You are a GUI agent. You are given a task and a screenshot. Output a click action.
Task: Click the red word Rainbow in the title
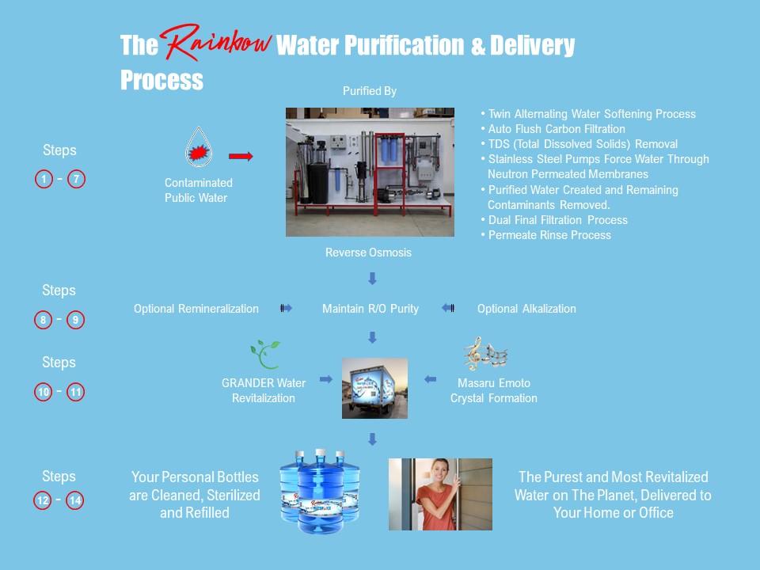[x=215, y=43]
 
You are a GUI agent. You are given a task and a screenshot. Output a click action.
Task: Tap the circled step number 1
[x=44, y=180]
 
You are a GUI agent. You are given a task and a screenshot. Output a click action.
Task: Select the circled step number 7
[x=76, y=180]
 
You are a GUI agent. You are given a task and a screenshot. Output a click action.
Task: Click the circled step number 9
[x=75, y=320]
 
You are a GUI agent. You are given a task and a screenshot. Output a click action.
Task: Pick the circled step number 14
[x=74, y=500]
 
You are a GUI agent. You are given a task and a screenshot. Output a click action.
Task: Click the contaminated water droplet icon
[x=198, y=147]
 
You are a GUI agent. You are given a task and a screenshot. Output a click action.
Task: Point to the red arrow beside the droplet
[x=241, y=156]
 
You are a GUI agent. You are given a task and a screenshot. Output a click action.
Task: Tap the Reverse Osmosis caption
[x=368, y=253]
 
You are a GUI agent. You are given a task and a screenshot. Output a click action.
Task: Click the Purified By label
[x=370, y=91]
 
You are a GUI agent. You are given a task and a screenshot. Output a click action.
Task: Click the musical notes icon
[x=485, y=354]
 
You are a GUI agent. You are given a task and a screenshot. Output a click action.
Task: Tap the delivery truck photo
[x=374, y=388]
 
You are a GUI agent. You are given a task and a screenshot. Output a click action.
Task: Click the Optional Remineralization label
[x=196, y=309]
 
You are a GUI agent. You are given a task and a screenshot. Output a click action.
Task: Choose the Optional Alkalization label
[x=526, y=309]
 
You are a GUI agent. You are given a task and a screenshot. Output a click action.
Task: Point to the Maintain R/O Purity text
[x=370, y=309]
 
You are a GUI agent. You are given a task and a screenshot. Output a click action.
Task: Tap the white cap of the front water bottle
[x=321, y=453]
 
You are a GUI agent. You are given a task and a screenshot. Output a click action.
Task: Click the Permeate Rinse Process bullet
[x=545, y=235]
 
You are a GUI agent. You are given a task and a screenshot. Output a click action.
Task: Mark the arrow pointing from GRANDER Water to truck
[x=326, y=379]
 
